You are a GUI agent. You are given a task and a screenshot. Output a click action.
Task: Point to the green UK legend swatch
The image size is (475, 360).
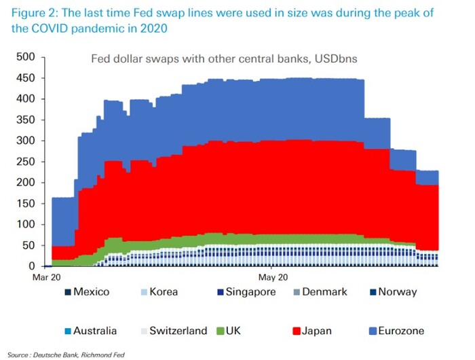tap(220, 331)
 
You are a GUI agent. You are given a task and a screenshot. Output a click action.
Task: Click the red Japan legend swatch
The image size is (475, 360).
tap(294, 331)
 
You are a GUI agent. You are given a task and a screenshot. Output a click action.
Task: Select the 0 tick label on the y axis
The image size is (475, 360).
tap(31, 266)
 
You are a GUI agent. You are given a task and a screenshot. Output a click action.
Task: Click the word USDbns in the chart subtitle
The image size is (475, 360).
tap(333, 59)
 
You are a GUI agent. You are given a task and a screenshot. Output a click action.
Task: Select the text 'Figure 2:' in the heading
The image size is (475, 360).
tap(33, 13)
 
